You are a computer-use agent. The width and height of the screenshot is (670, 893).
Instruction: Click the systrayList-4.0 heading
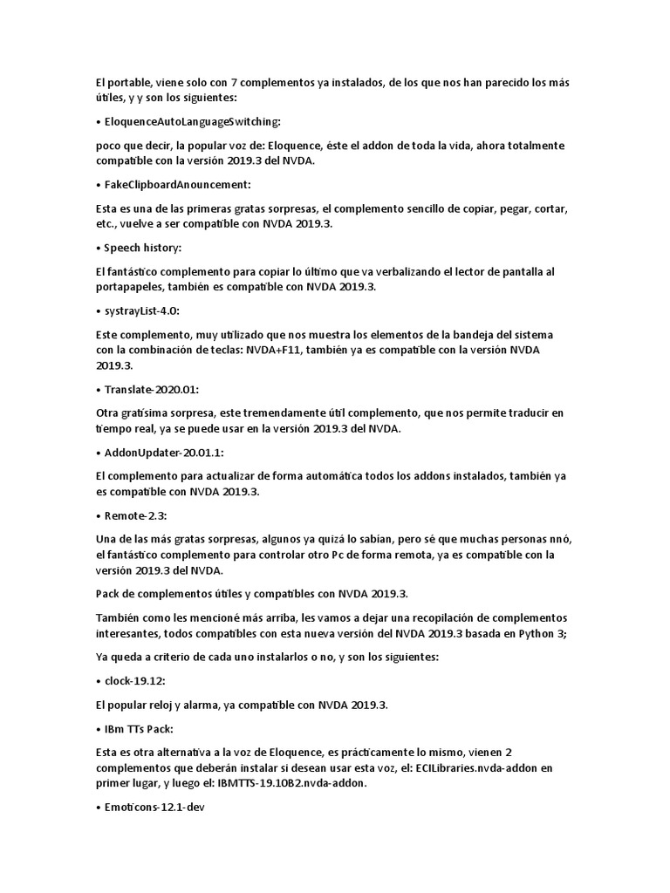click(147, 312)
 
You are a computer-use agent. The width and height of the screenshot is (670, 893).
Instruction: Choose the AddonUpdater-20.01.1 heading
click(167, 452)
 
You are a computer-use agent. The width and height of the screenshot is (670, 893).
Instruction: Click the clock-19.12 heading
click(137, 680)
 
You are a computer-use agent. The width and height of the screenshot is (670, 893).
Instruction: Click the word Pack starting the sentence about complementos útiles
click(107, 594)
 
